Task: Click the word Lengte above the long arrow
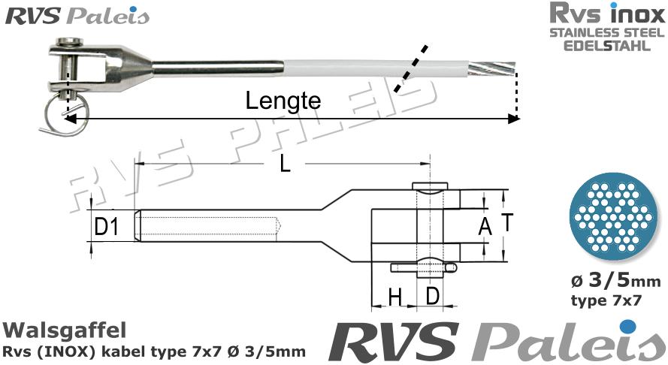click(283, 101)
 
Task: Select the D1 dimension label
click(107, 226)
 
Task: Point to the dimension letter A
click(485, 226)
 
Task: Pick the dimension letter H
click(394, 297)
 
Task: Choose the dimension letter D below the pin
click(432, 296)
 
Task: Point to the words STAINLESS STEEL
click(606, 32)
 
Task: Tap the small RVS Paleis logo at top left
click(78, 16)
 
